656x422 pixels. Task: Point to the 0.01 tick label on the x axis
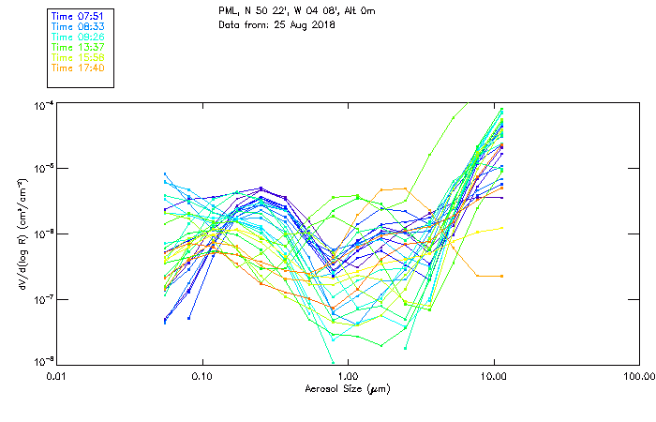56,376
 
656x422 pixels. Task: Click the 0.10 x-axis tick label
201,376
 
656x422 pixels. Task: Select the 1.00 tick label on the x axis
348,376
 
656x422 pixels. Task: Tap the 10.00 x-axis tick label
493,376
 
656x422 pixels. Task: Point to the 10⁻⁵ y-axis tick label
43,169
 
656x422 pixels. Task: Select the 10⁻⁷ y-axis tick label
43,299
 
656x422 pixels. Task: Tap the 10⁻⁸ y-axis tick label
43,361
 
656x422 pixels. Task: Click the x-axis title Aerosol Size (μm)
347,388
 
